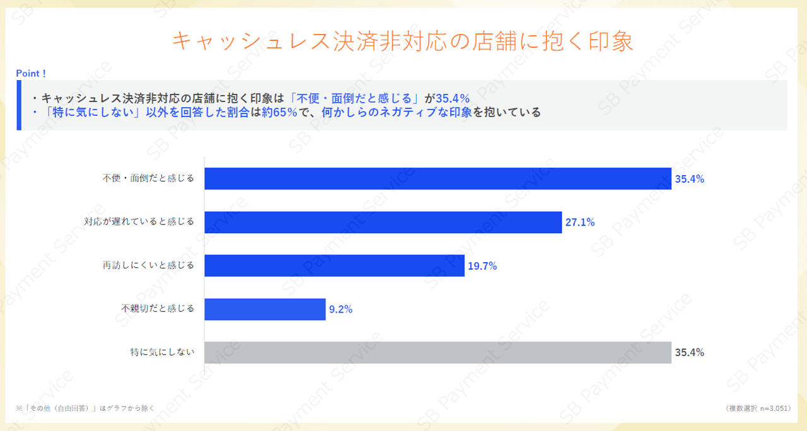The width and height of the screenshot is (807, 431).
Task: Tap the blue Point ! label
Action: click(x=31, y=74)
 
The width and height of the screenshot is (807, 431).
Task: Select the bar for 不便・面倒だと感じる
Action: click(x=438, y=178)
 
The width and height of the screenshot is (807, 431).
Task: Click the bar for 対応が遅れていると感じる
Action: click(x=383, y=222)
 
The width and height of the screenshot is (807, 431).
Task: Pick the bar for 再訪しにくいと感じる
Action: click(x=334, y=266)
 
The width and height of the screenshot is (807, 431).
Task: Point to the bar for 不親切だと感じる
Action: click(x=265, y=309)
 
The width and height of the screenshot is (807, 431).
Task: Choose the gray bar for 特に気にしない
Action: click(x=438, y=352)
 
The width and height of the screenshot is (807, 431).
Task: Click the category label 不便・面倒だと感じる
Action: click(x=148, y=178)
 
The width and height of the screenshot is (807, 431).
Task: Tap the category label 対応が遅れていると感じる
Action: click(x=139, y=222)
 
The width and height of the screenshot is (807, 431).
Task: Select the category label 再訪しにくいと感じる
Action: click(x=148, y=265)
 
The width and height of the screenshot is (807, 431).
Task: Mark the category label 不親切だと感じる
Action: click(x=158, y=309)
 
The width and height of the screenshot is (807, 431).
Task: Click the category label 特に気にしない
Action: click(x=162, y=352)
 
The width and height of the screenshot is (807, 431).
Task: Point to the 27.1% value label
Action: click(x=580, y=222)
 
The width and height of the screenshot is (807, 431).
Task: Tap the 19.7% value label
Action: click(x=482, y=266)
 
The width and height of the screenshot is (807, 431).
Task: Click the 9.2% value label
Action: click(x=340, y=309)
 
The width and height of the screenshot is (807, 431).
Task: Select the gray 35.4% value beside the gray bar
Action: click(x=689, y=352)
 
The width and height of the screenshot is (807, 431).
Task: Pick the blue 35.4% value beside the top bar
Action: click(x=689, y=178)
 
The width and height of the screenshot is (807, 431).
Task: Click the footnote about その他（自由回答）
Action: click(x=84, y=408)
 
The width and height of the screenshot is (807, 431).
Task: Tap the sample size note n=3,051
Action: click(x=757, y=408)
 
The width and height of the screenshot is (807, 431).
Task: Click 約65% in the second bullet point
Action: click(x=279, y=113)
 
